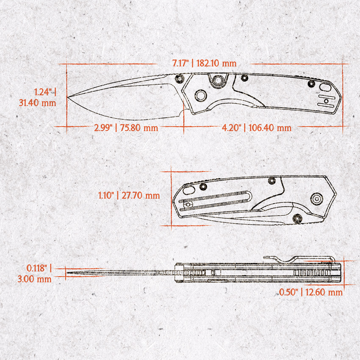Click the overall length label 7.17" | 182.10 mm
point(204,63)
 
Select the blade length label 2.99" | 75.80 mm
point(126,128)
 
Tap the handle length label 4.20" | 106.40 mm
point(257,128)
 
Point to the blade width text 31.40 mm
point(37,102)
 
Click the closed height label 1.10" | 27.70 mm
point(129,196)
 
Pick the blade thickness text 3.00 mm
point(34,279)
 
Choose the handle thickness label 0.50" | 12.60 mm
point(311,292)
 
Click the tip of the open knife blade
point(67,97)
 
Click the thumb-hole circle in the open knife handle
point(201,95)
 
